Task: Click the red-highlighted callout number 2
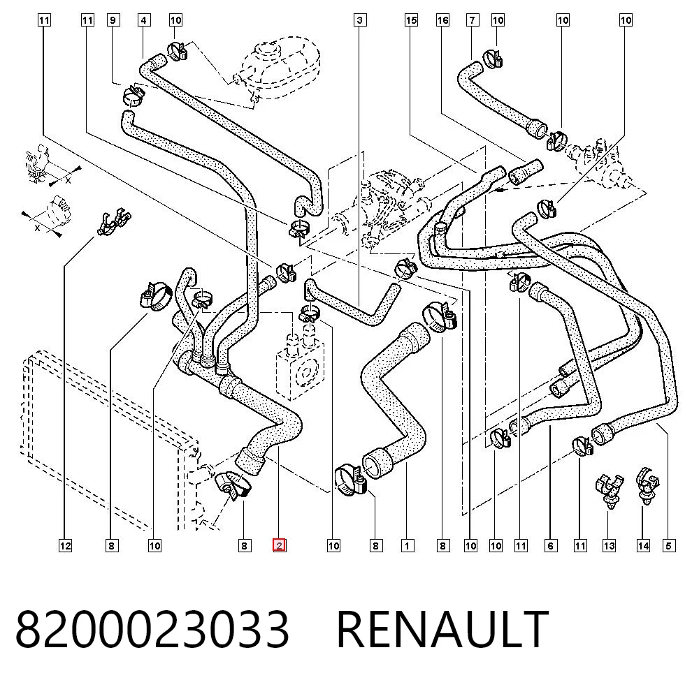(279, 545)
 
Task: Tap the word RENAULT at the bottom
(442, 630)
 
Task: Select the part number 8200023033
(152, 630)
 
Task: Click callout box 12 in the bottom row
(65, 546)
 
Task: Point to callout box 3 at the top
(360, 20)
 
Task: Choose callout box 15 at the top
(411, 20)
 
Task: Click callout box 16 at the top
(442, 20)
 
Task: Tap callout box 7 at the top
(473, 20)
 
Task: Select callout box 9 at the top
(113, 20)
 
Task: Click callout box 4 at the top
(143, 20)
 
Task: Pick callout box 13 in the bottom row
(609, 546)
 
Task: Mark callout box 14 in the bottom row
(643, 546)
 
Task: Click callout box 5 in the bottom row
(669, 546)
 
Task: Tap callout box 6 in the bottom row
(551, 546)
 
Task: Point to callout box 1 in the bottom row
(408, 546)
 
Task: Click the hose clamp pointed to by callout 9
(132, 95)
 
